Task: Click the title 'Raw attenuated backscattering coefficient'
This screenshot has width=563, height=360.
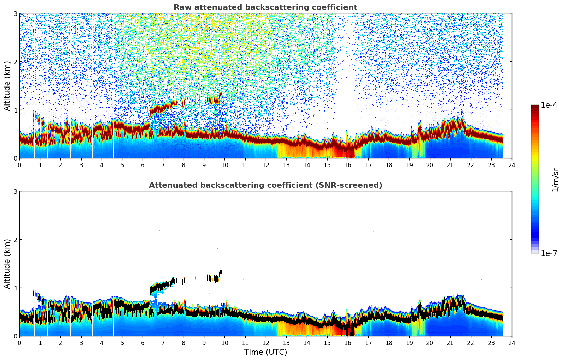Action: pos(265,7)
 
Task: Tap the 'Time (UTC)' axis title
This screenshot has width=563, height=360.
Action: pos(265,352)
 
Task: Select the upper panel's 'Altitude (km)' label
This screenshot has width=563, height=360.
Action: pos(7,86)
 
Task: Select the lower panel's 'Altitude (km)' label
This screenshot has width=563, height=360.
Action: pos(7,264)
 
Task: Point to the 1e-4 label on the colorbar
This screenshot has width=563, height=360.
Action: pos(549,105)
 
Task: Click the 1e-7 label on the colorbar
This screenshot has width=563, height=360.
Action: pos(549,253)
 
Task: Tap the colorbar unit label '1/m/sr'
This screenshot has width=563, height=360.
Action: pos(555,180)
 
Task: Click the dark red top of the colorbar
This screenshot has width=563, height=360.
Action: pos(535,107)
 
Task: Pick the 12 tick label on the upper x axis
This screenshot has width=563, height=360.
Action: pos(265,165)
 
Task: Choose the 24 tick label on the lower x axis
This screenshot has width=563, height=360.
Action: pos(511,343)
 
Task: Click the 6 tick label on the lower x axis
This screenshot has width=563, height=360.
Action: pos(143,343)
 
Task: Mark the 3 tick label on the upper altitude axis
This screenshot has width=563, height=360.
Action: pos(16,13)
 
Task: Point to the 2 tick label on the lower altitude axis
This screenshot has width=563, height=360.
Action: pos(16,240)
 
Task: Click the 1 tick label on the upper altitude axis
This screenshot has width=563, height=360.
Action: pos(16,110)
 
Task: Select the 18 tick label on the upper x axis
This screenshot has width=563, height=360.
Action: pos(389,165)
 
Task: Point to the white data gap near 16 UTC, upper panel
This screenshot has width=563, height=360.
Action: pos(346,88)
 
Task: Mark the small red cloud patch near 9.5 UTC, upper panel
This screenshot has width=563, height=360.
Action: pos(212,100)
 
